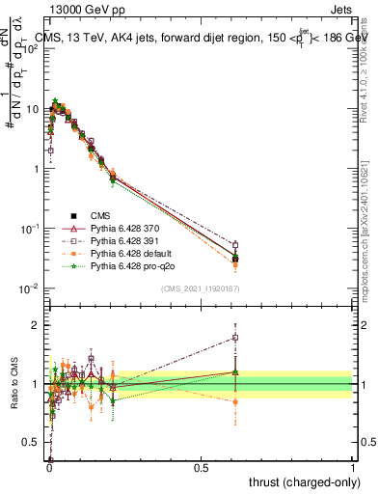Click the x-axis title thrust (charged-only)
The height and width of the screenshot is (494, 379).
pyautogui.click(x=301, y=481)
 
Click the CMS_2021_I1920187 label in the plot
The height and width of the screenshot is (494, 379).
pyautogui.click(x=199, y=288)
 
